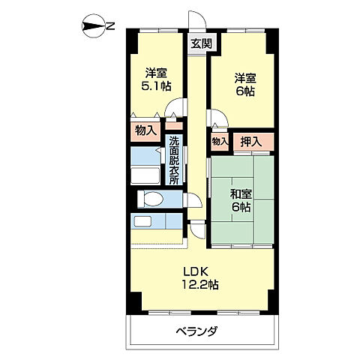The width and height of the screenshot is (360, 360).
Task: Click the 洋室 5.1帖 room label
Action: click(x=156, y=80)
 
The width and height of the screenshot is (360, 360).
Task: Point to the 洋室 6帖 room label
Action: click(x=244, y=83)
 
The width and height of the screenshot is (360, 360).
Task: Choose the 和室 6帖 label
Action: click(x=241, y=199)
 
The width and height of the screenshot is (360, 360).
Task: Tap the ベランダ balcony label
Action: click(x=197, y=331)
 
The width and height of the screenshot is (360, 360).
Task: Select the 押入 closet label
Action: click(x=250, y=141)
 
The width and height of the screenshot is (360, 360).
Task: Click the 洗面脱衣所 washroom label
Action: click(x=174, y=160)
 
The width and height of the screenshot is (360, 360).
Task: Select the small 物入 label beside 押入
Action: click(x=219, y=141)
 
